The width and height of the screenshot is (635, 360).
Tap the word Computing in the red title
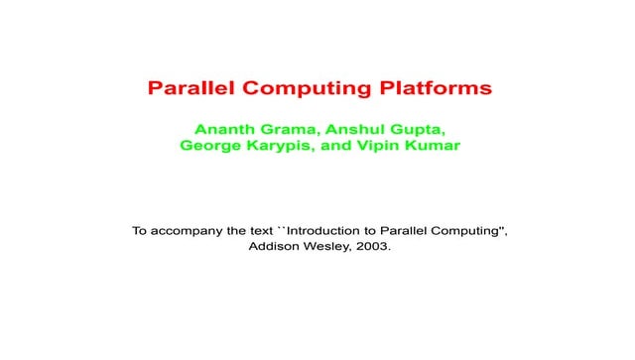pos(298,88)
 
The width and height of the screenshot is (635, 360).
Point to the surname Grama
pos(289,130)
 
